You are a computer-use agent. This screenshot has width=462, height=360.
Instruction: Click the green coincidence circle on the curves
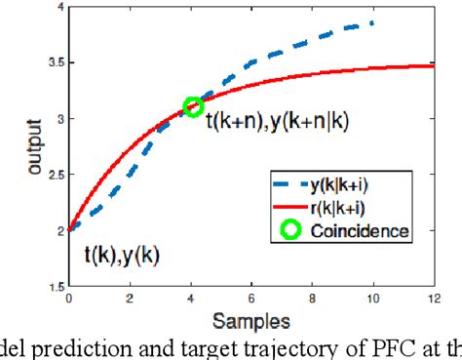click(193, 107)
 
